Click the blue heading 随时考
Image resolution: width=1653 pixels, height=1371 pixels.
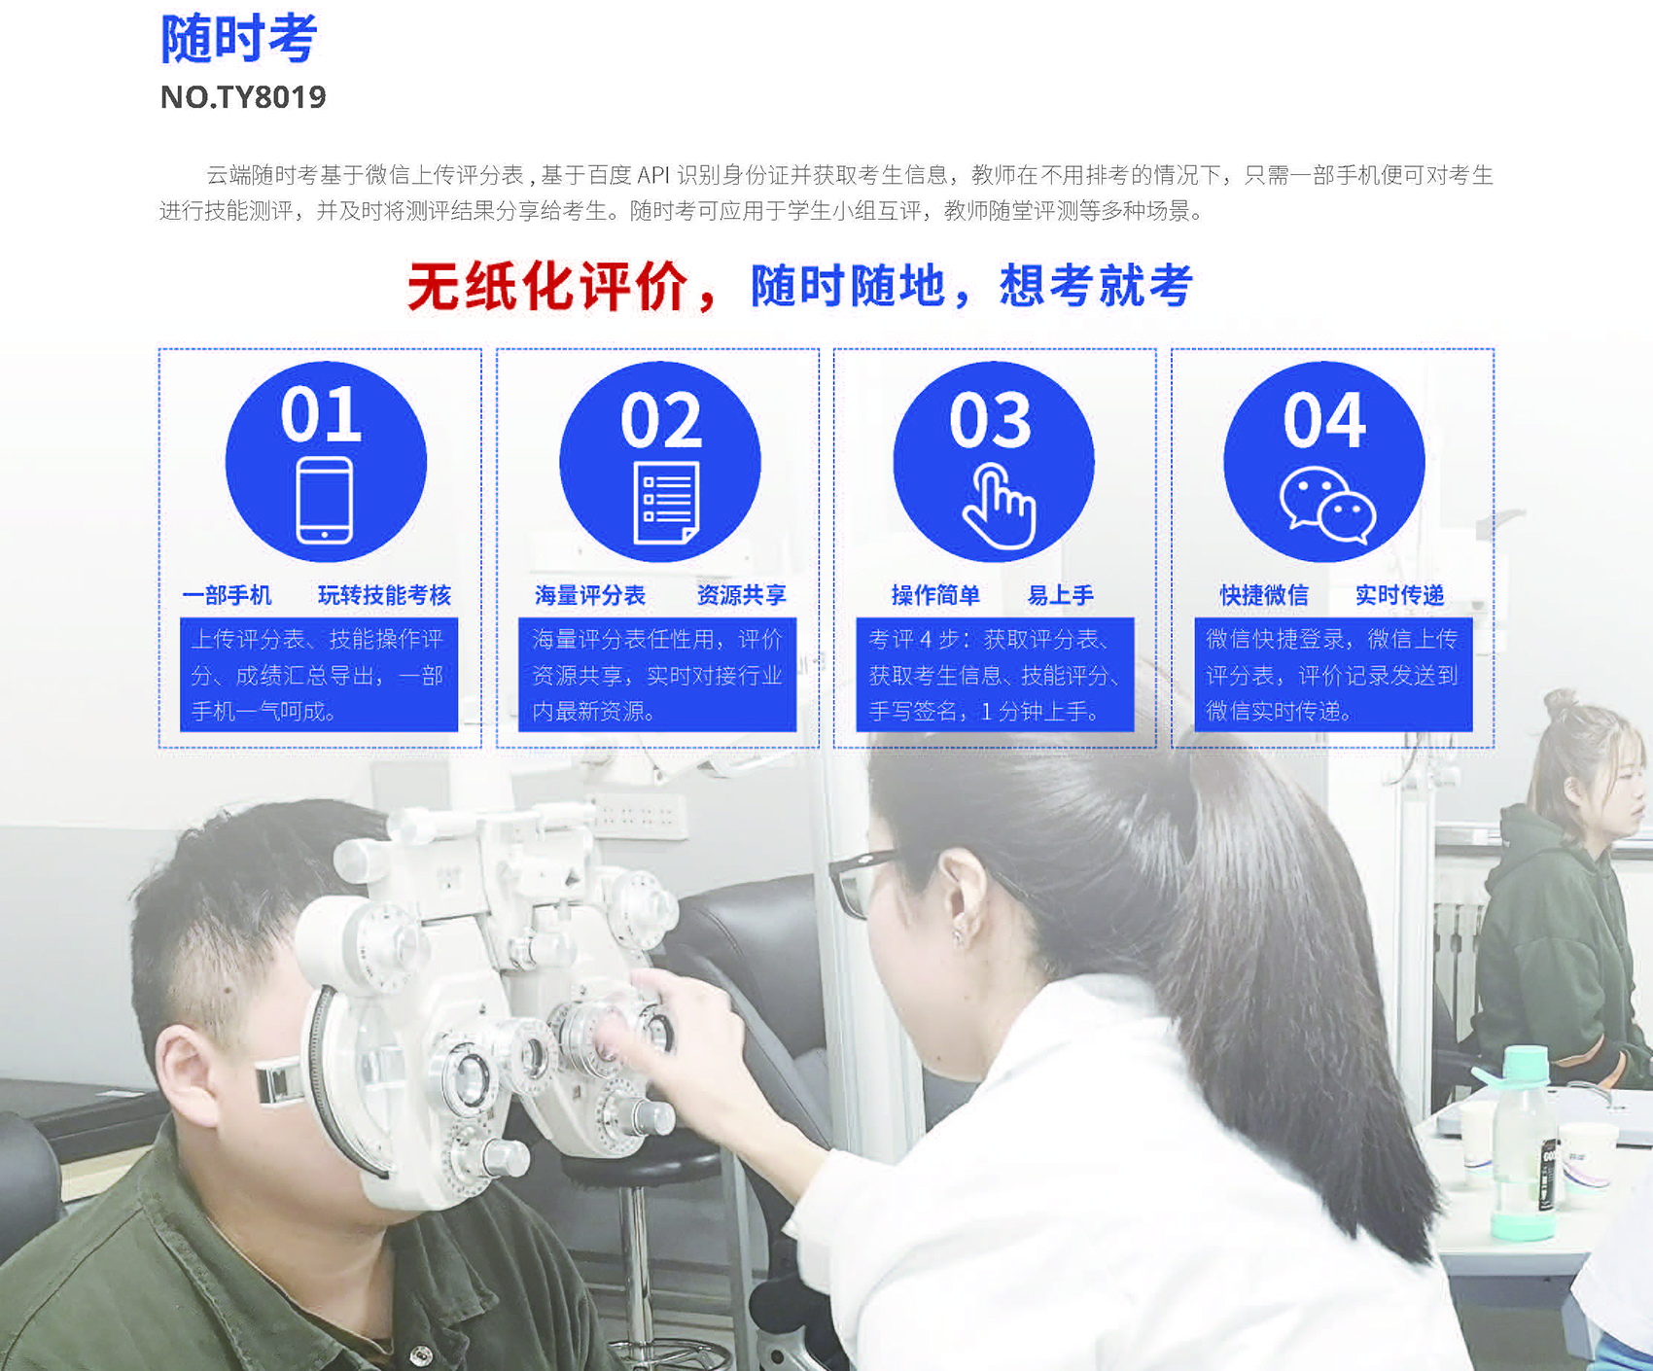point(239,39)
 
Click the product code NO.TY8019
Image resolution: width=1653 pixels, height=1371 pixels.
point(243,97)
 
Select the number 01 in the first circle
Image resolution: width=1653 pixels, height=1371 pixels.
point(321,414)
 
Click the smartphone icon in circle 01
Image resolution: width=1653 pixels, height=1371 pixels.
point(325,501)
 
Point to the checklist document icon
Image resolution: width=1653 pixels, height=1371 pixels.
point(666,503)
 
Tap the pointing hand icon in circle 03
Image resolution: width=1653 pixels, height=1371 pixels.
point(999,507)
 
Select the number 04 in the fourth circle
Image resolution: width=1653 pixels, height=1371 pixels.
point(1324,421)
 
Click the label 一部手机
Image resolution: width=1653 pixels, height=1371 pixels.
point(227,595)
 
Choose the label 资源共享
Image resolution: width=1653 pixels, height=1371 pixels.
point(741,595)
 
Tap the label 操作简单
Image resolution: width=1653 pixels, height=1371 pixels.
point(935,595)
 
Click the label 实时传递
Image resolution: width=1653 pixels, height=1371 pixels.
point(1399,595)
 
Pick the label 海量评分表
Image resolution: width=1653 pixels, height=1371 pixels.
point(590,595)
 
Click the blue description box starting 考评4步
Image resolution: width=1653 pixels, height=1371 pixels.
point(995,675)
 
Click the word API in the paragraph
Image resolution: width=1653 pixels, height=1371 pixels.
point(653,175)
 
